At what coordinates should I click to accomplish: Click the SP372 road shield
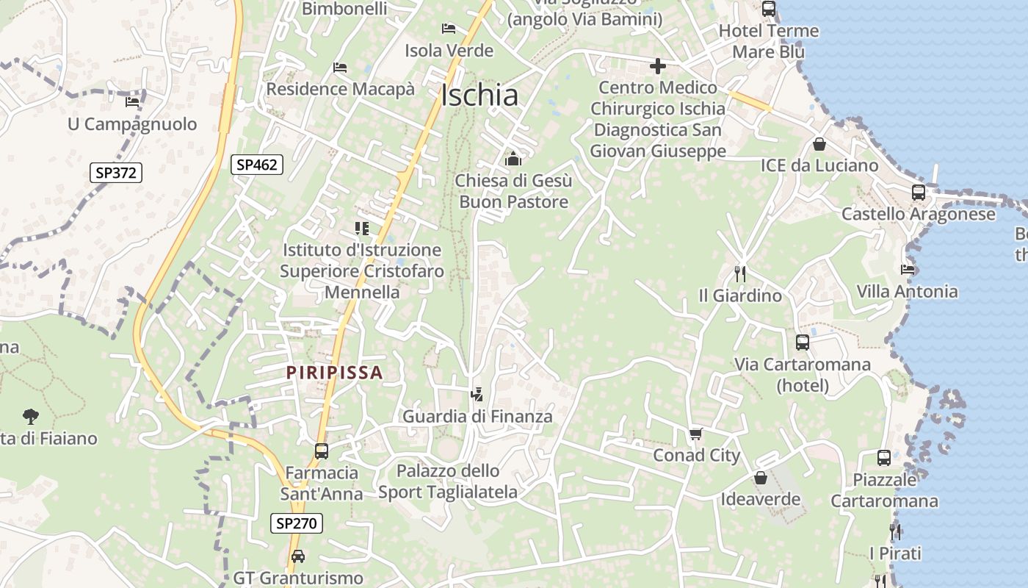coord(116,173)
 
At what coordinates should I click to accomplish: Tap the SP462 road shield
coord(257,165)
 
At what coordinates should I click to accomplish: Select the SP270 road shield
coord(297,523)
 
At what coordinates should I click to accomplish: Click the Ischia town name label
coord(479,95)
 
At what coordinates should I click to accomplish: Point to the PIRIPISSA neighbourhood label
coord(335,373)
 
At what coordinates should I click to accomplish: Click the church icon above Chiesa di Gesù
coord(513,158)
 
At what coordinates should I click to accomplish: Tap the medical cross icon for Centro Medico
coord(657,67)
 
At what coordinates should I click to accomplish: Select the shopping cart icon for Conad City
coord(695,434)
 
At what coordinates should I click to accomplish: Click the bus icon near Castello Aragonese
coord(918,193)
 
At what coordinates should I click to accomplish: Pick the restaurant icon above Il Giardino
coord(739,274)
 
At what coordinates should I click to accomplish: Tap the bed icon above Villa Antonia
coord(908,270)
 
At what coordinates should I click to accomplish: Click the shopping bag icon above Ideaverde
coord(760,478)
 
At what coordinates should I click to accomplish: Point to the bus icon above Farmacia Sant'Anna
coord(321,451)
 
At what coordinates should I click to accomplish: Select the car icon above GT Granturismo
coord(297,556)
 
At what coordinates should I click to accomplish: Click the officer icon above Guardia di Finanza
coord(477,395)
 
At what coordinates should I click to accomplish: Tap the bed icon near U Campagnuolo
coord(132,102)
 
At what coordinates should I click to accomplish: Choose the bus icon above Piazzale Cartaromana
coord(883,458)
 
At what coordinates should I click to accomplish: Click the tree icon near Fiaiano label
coord(30,417)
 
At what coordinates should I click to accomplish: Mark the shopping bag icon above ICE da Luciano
coord(819,144)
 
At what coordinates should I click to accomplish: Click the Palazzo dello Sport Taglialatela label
coord(448,481)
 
